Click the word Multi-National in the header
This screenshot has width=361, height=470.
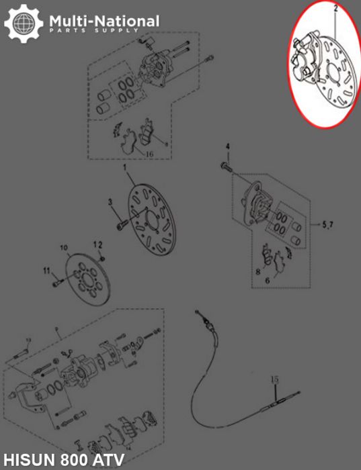pos(104,21)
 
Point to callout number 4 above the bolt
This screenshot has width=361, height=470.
pos(227,147)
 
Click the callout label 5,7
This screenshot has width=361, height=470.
pos(327,224)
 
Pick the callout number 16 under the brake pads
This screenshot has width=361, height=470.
pos(150,154)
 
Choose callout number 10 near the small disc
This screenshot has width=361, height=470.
pos(65,248)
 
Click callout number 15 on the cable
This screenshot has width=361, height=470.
pos(274,380)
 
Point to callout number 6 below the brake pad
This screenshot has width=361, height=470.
pos(267,281)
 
